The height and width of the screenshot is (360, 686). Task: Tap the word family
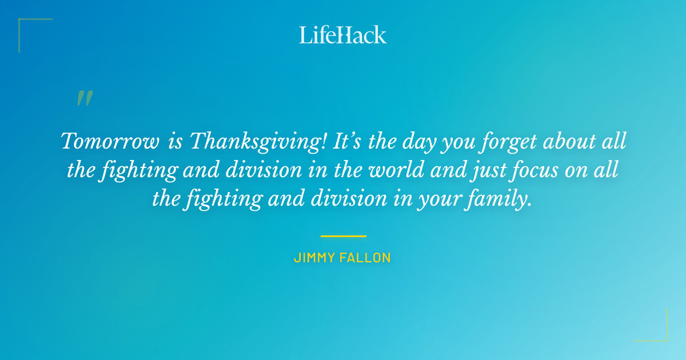tap(498, 199)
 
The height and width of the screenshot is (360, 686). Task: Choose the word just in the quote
tap(478, 170)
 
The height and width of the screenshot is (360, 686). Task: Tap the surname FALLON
tap(366, 258)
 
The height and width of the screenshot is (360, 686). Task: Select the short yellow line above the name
tap(343, 235)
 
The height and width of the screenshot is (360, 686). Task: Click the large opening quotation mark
tap(84, 99)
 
